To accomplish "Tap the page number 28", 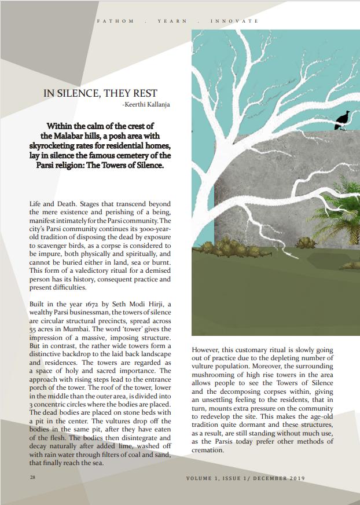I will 32,478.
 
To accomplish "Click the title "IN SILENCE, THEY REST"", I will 100,93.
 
